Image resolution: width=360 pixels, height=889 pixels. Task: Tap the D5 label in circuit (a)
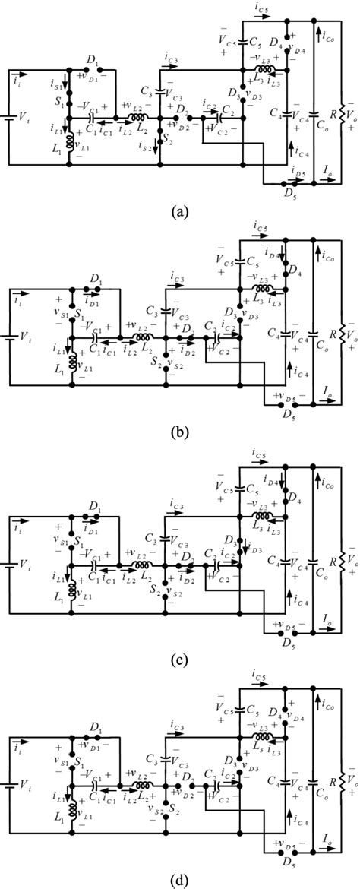[x=286, y=195]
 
